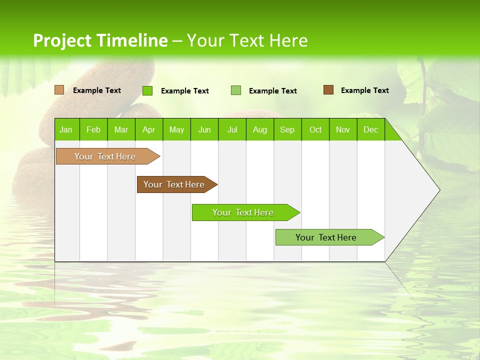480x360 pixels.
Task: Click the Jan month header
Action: coord(66,129)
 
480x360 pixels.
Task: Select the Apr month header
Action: coord(149,129)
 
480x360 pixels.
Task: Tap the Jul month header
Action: coord(232,129)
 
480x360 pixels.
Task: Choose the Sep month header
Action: coord(287,129)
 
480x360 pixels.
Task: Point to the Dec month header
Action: coord(370,129)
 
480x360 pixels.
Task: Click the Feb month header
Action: coord(93,129)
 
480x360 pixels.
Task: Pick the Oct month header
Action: coord(315,129)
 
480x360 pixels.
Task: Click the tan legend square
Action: coord(59,90)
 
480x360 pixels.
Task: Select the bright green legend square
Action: coord(147,90)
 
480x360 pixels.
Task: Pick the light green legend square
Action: coord(236,90)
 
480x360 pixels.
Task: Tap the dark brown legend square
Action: coord(328,90)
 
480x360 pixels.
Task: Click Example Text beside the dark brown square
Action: coord(364,90)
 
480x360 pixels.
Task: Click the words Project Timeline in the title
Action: coord(100,40)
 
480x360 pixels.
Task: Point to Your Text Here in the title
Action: coord(247,40)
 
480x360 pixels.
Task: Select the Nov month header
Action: coord(343,129)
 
